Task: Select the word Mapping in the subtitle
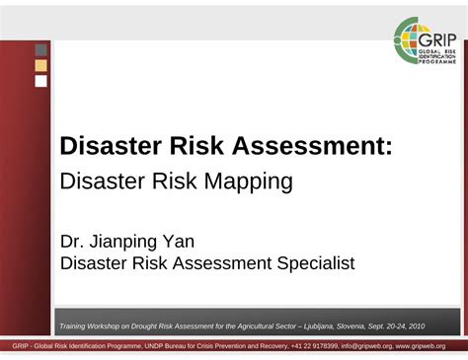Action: (x=250, y=181)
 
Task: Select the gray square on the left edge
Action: (x=41, y=49)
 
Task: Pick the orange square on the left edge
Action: (x=41, y=65)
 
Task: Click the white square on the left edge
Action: (x=41, y=81)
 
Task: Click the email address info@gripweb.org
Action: (x=365, y=346)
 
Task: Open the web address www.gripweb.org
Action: (x=422, y=346)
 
